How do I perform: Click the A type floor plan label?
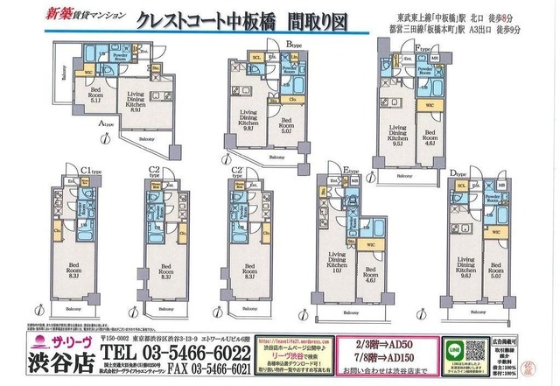[105, 124]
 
